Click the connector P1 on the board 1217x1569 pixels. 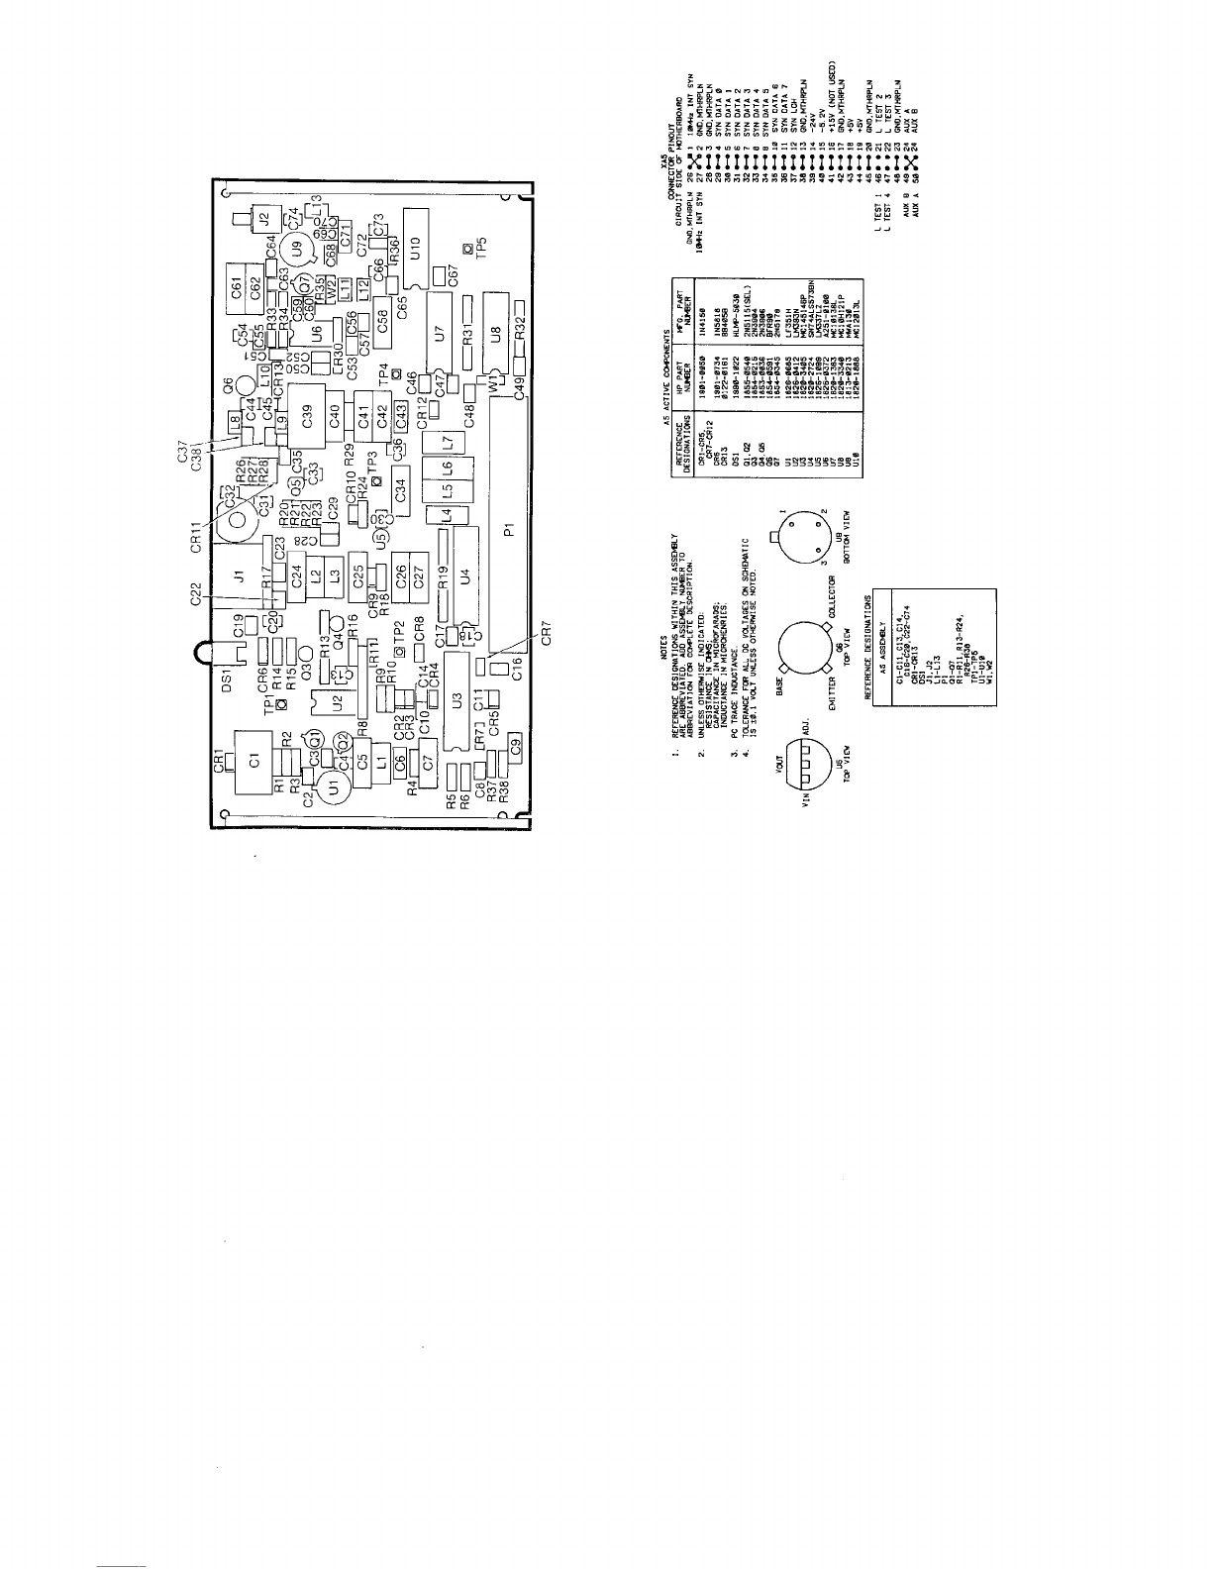pyautogui.click(x=509, y=530)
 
